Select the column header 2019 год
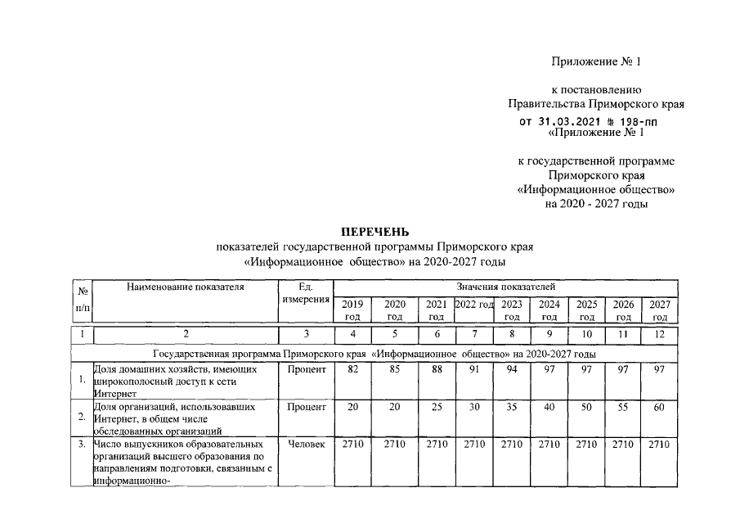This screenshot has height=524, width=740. pyautogui.click(x=352, y=310)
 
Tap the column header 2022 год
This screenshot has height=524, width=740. pyautogui.click(x=474, y=305)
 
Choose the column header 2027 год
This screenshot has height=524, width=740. pyautogui.click(x=660, y=310)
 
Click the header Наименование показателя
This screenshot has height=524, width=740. pyautogui.click(x=186, y=287)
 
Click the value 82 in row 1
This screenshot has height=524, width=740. pyautogui.click(x=352, y=370)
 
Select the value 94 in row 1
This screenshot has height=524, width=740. pyautogui.click(x=512, y=370)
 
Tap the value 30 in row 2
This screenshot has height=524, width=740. pyautogui.click(x=474, y=407)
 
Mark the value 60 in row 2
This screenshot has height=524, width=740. pyautogui.click(x=660, y=407)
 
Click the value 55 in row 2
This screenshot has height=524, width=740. pyautogui.click(x=623, y=407)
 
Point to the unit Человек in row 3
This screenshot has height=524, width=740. pyautogui.click(x=306, y=445)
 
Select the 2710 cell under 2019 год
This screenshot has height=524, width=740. pyautogui.click(x=352, y=445)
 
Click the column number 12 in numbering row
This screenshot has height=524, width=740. pyautogui.click(x=660, y=334)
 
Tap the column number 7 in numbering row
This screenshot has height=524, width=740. pyautogui.click(x=474, y=334)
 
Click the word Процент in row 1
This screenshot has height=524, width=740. pyautogui.click(x=306, y=370)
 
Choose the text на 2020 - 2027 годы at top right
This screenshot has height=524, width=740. pyautogui.click(x=596, y=204)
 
